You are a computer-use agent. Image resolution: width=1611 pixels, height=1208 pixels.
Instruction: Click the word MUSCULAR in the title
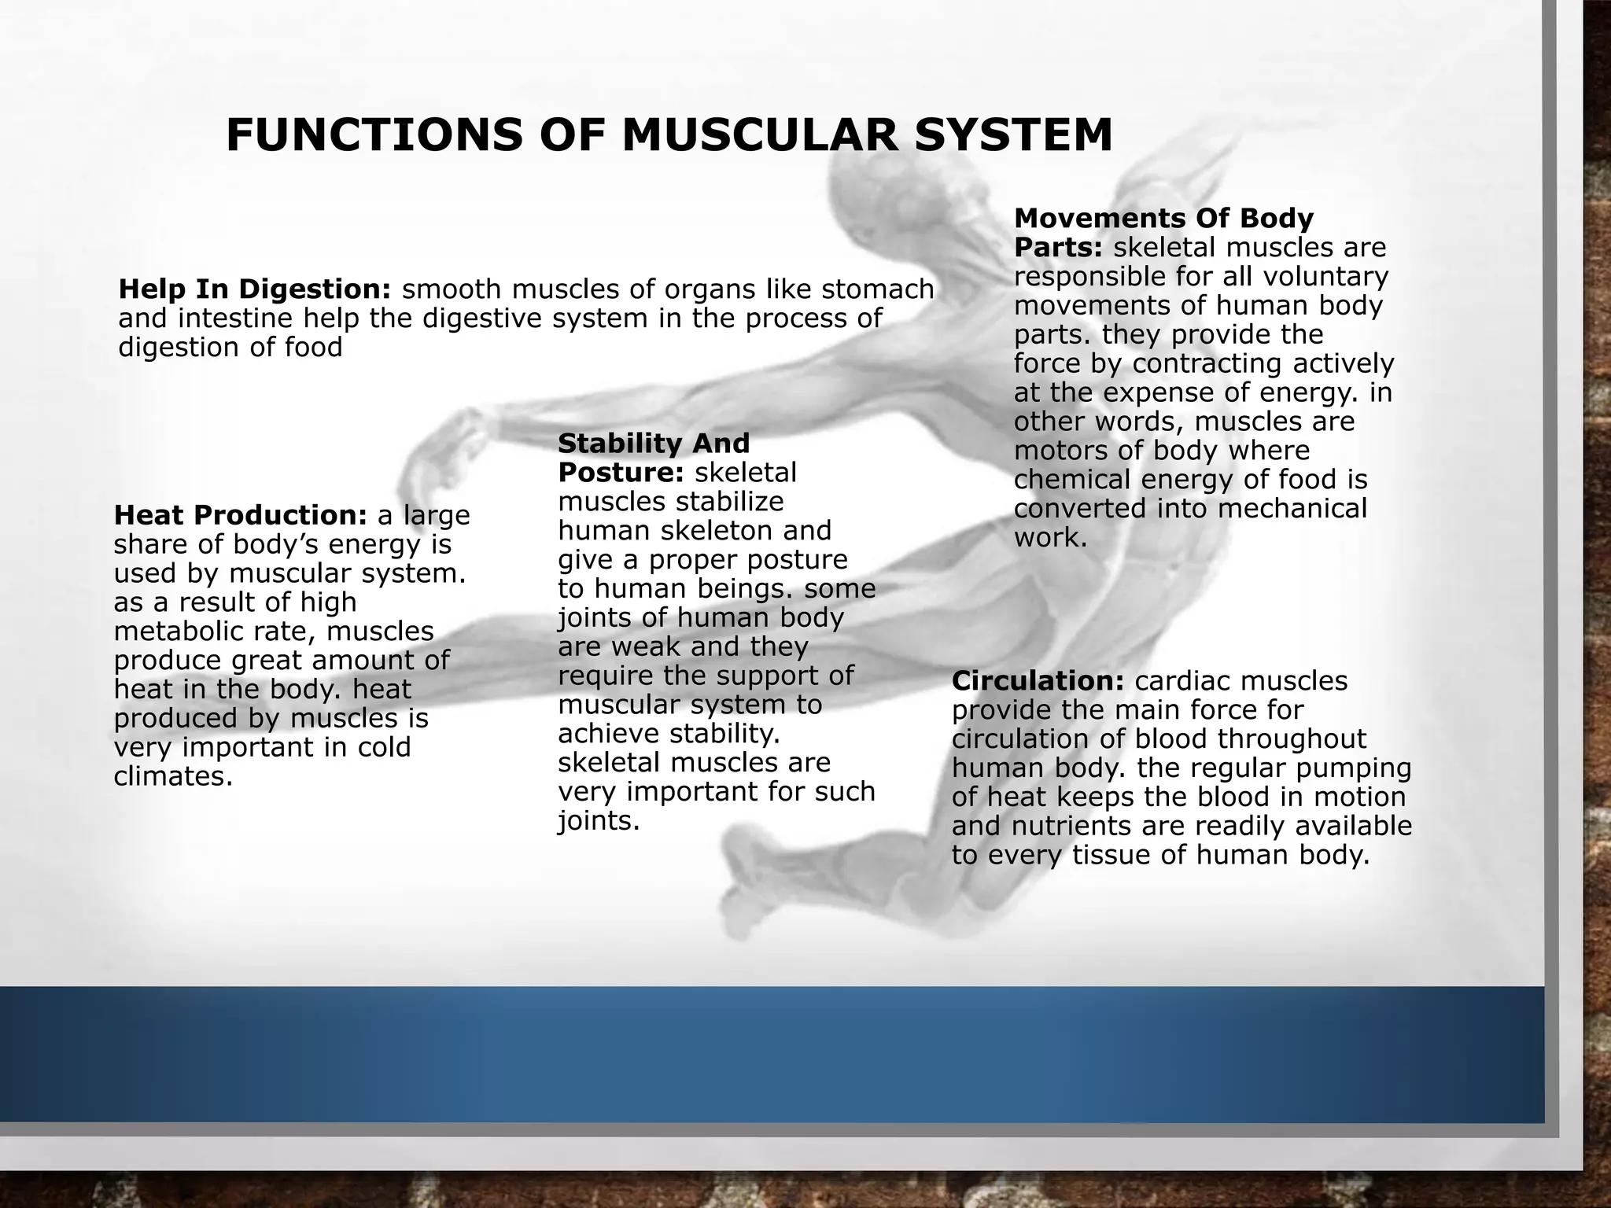pyautogui.click(x=759, y=135)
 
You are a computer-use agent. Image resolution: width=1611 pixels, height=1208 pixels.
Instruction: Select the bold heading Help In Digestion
pyautogui.click(x=254, y=289)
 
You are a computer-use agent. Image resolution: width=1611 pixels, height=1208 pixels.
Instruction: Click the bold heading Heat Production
pyautogui.click(x=240, y=515)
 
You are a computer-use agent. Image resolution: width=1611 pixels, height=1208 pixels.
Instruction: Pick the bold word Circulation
pyautogui.click(x=1038, y=681)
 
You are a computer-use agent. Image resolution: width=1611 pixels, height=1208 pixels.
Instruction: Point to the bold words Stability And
pyautogui.click(x=653, y=444)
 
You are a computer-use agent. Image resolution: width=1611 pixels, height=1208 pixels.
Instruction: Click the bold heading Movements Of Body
pyautogui.click(x=1163, y=218)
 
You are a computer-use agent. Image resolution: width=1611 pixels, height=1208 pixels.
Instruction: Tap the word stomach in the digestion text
pyautogui.click(x=878, y=289)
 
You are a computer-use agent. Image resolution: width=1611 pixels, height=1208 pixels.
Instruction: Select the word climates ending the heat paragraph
pyautogui.click(x=173, y=777)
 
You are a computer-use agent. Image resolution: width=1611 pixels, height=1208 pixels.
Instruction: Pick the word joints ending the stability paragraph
pyautogui.click(x=598, y=822)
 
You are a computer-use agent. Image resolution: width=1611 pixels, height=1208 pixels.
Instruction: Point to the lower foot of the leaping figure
pyautogui.click(x=755, y=904)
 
